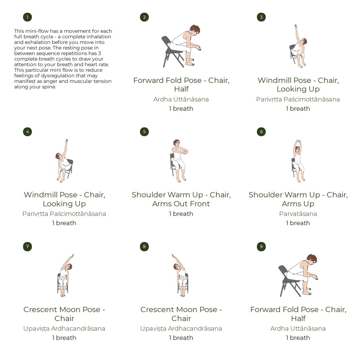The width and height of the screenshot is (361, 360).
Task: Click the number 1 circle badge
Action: [28, 17]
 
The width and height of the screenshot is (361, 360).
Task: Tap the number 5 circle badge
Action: [144, 132]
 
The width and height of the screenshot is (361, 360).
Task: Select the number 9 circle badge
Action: [261, 246]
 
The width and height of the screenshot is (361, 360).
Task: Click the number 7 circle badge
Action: [28, 246]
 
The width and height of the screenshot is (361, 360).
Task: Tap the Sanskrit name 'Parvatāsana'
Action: [298, 214]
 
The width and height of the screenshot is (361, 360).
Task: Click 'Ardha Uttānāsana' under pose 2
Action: [181, 99]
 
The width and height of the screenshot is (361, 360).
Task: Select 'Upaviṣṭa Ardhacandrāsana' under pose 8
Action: [181, 328]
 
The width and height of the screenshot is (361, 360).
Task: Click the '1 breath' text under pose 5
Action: [181, 214]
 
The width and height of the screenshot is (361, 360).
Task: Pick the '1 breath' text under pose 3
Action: [298, 109]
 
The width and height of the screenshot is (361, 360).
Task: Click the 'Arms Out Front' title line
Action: [181, 204]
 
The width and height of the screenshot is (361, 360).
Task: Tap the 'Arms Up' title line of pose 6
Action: [298, 204]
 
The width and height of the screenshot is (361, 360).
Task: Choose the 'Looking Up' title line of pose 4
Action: [64, 204]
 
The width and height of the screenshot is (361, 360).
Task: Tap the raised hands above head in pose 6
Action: [298, 141]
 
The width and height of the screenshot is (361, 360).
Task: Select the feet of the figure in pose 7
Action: [62, 294]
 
